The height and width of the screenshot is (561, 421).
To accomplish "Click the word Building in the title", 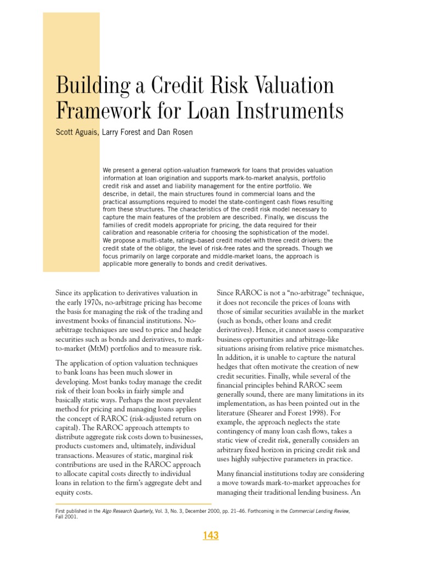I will point(87,86).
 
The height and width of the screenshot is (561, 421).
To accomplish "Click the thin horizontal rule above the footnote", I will point(134,503).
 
